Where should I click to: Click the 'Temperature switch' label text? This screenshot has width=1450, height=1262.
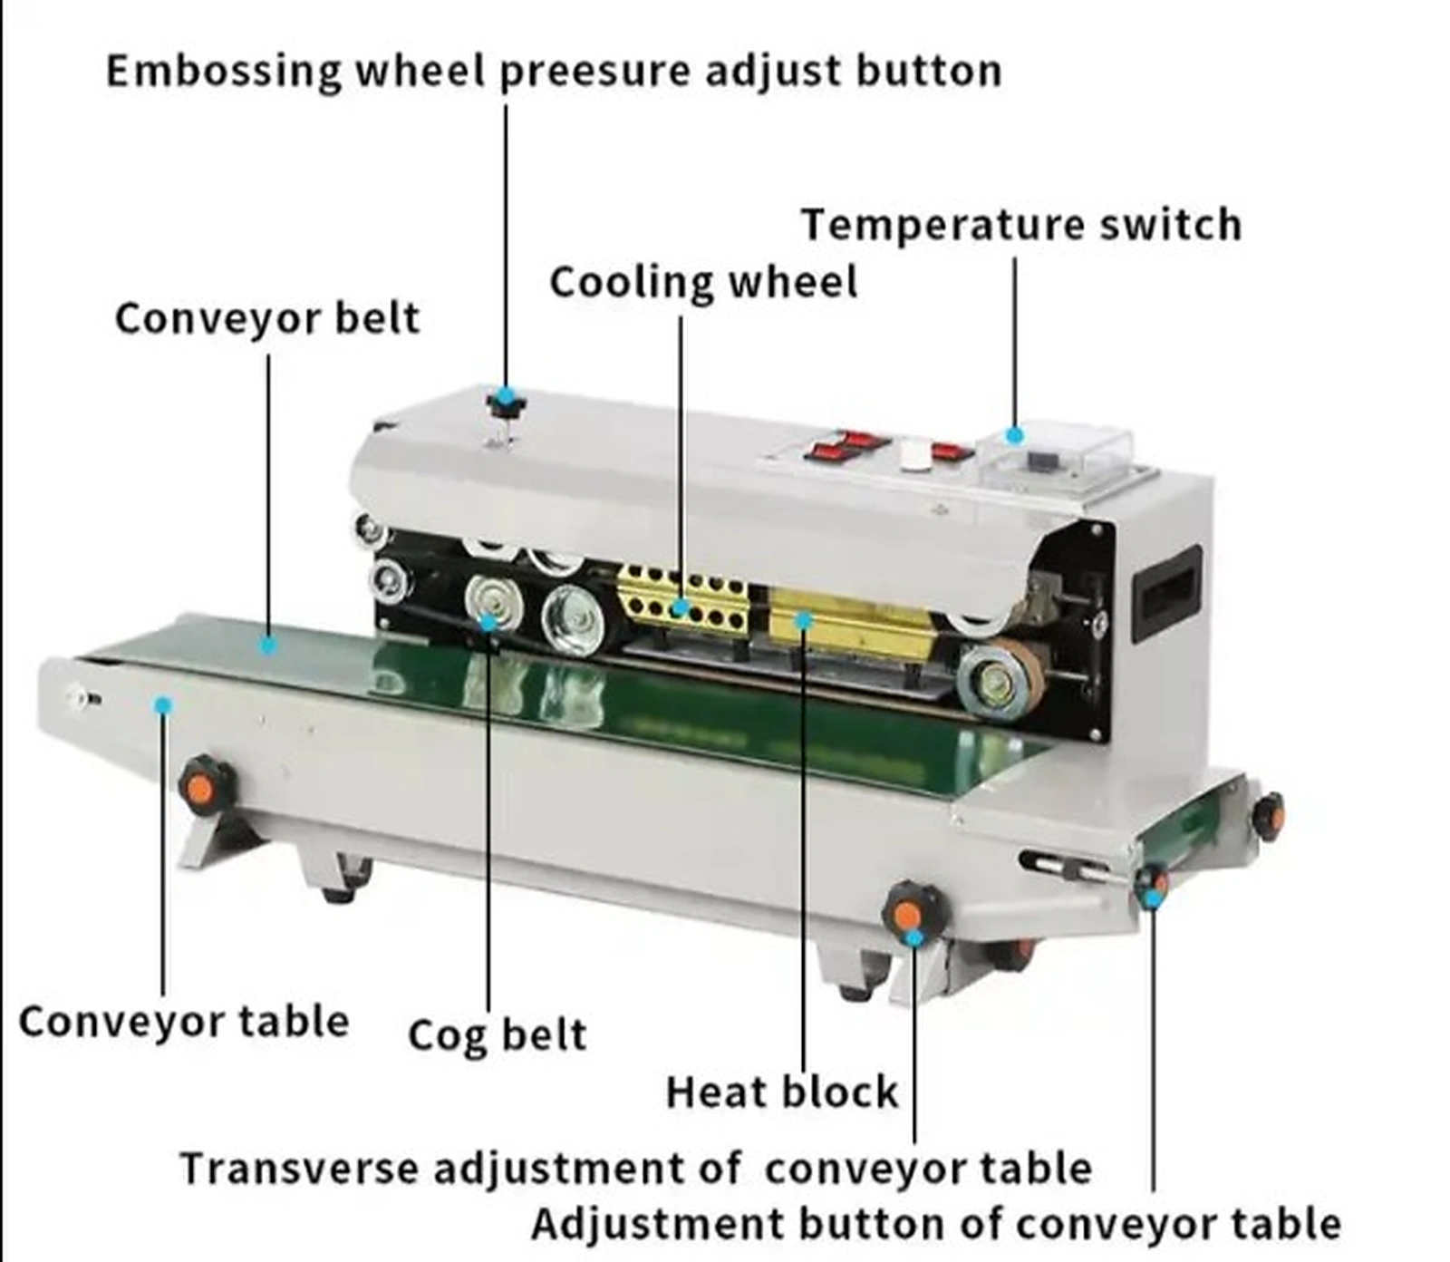point(1021,225)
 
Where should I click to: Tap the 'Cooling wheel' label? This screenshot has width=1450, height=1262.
point(703,282)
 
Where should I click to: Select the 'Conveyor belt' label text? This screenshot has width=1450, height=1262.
point(267,319)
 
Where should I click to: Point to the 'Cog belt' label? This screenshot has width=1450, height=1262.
point(497,1035)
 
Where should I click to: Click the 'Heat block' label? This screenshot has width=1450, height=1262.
point(781,1092)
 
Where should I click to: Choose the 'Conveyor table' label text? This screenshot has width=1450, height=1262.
point(184,1022)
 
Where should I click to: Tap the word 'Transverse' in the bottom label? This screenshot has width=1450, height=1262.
point(300,1168)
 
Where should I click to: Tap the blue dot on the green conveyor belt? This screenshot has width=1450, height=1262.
point(267,645)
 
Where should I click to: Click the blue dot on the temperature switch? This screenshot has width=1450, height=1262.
point(1015,436)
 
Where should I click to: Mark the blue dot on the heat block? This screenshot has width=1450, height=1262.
point(803,621)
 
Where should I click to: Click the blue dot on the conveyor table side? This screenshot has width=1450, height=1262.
point(163,705)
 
